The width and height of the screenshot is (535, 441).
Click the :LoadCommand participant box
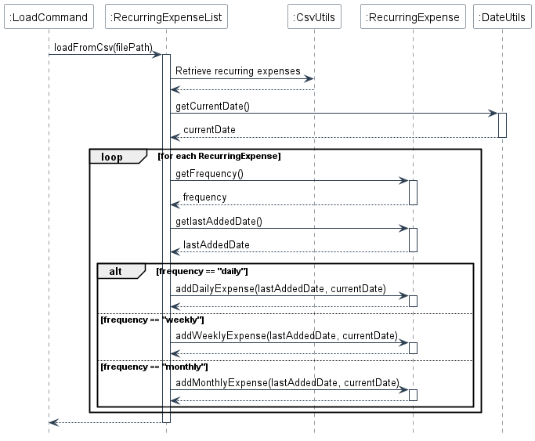pos(49,16)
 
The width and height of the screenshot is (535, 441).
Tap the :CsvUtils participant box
pos(314,16)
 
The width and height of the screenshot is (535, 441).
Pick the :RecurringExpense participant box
pos(413,16)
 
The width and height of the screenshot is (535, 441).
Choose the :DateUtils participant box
pos(503,16)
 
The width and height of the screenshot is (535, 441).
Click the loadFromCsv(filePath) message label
pos(103,48)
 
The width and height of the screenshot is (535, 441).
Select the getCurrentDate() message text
pos(212,106)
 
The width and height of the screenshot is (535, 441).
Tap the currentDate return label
pos(209,130)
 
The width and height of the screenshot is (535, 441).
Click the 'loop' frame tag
pos(112,157)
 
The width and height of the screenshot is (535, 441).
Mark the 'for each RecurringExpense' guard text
pos(219,157)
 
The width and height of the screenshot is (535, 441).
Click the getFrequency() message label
pos(209,173)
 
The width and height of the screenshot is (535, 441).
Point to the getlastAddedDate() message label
pos(219,221)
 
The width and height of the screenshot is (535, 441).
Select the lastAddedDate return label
pos(216,245)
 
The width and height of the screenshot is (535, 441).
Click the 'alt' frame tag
pos(115,271)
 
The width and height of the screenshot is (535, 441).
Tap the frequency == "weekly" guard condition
pos(151,320)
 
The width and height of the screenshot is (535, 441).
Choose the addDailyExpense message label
pos(280,289)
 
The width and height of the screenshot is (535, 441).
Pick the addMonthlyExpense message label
pos(287,383)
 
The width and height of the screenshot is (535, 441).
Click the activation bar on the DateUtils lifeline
pos(502,125)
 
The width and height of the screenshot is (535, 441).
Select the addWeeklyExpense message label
pos(286,336)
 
